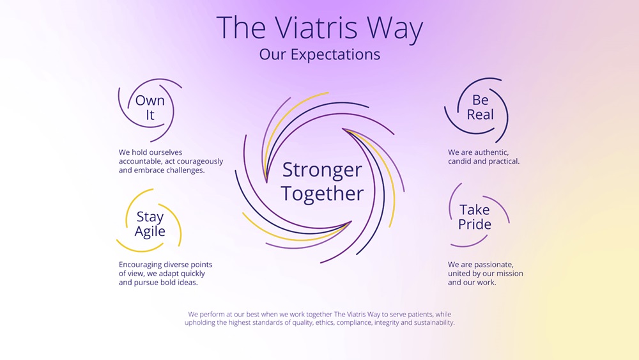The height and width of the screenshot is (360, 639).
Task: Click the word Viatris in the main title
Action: pos(317,27)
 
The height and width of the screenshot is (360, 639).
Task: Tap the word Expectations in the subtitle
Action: pos(335,54)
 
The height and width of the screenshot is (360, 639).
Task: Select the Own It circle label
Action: pos(150,107)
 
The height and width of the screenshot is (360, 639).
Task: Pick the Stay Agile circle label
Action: pos(150,224)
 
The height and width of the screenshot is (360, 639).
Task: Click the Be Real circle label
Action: pos(480,107)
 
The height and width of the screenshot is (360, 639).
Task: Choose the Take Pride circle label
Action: pos(475,217)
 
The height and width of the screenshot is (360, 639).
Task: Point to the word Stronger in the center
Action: pos(322,170)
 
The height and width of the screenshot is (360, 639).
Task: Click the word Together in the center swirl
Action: pos(322,193)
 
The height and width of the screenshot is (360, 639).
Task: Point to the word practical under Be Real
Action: pos(504,162)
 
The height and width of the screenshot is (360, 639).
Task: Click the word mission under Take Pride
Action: pos(509,274)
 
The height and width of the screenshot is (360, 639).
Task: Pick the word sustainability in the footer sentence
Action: pos(435,322)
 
